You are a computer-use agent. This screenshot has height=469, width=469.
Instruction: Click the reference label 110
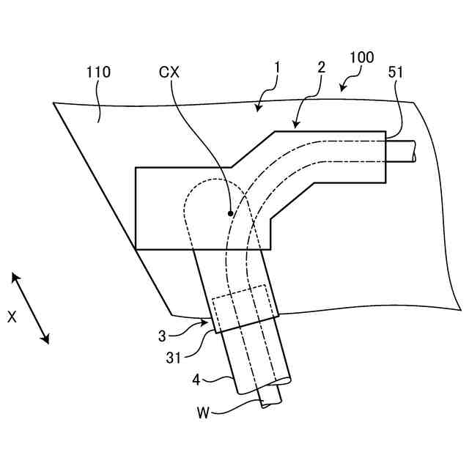tap(97, 73)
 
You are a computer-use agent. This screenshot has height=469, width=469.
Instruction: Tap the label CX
tap(169, 73)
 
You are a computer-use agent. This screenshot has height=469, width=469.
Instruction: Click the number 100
tap(361, 57)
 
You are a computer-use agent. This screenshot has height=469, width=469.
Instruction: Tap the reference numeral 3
tap(163, 336)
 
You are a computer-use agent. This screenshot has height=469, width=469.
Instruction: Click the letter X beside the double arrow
tap(12, 317)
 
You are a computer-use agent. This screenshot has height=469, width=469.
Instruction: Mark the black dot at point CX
tap(231, 213)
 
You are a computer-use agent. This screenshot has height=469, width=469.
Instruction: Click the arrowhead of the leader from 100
tap(342, 89)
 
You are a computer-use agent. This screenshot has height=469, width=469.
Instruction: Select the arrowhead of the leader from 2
tap(295, 127)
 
